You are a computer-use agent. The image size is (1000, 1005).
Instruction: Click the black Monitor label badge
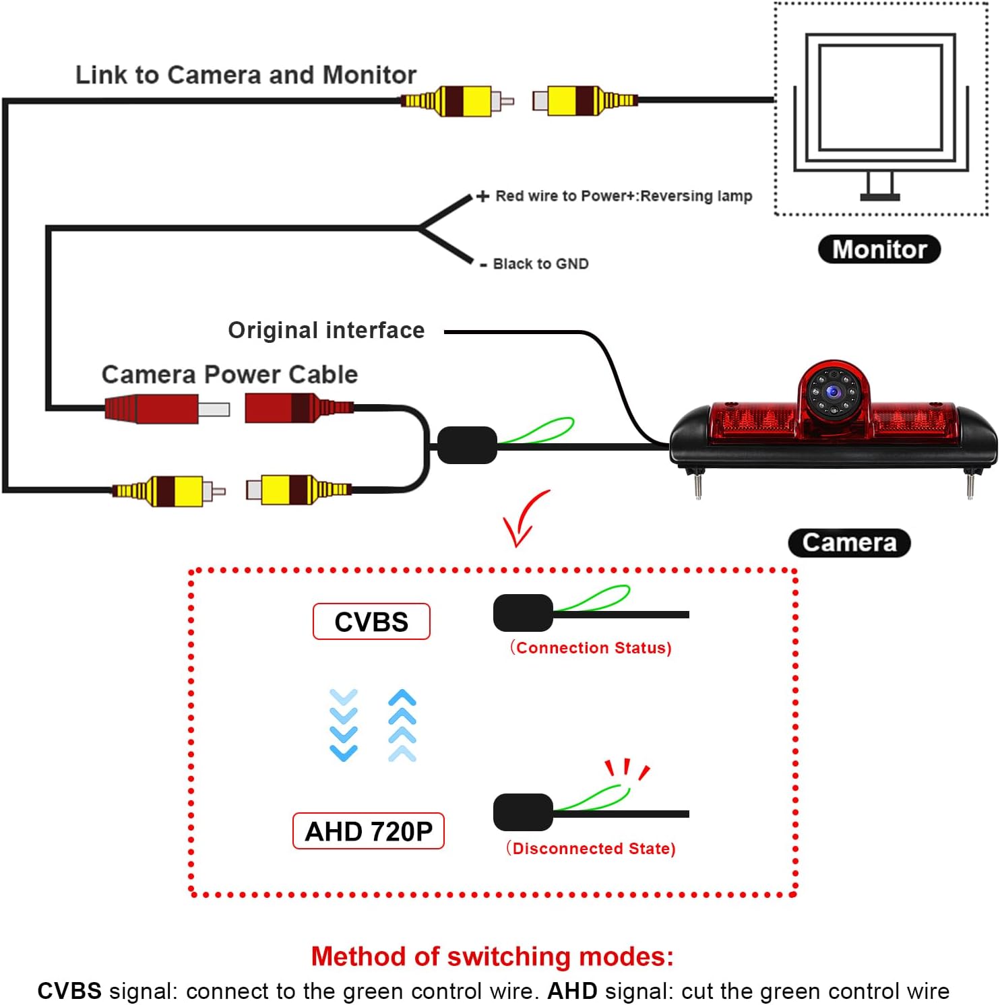pyautogui.click(x=879, y=249)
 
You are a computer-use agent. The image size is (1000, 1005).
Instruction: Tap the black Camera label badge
pyautogui.click(x=849, y=543)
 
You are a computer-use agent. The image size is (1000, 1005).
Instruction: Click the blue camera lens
pyautogui.click(x=834, y=392)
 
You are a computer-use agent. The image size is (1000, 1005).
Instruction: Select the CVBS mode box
pyautogui.click(x=371, y=621)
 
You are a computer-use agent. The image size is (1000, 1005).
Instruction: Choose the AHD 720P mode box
pyautogui.click(x=369, y=831)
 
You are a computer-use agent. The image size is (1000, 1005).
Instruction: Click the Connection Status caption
pyautogui.click(x=590, y=647)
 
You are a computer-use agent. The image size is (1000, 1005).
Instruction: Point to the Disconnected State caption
pyautogui.click(x=591, y=848)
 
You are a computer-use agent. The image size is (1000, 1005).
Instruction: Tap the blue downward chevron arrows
pyautogui.click(x=344, y=725)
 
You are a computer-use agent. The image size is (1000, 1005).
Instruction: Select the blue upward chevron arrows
pyautogui.click(x=402, y=725)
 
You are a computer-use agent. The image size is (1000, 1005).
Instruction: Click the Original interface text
pyautogui.click(x=326, y=330)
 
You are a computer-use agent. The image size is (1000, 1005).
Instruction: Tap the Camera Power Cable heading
pyautogui.click(x=230, y=375)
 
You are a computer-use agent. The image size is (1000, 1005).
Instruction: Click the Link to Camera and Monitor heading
pyautogui.click(x=246, y=75)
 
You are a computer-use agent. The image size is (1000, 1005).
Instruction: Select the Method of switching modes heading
pyautogui.click(x=493, y=957)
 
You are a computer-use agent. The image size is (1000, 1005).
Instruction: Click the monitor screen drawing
pyautogui.click(x=881, y=98)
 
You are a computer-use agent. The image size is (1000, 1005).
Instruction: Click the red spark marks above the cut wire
pyautogui.click(x=627, y=769)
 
